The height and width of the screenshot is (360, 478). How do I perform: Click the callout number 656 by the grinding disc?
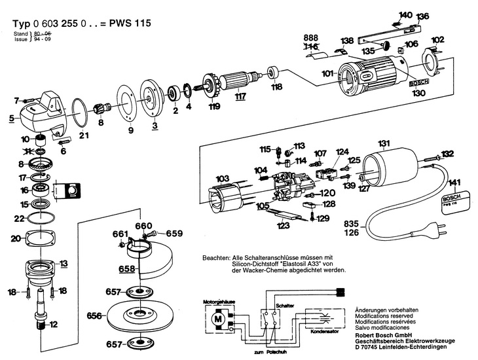94,316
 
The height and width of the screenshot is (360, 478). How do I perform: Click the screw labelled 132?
430,155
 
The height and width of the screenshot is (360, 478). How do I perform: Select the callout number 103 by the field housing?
223,178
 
